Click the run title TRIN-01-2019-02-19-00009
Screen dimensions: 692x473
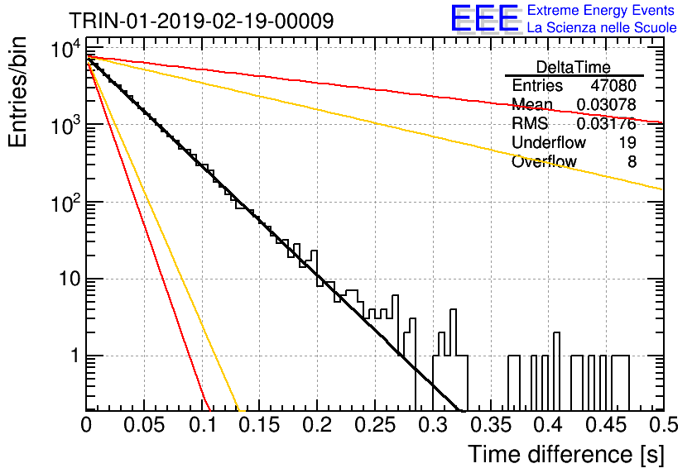coord(201,21)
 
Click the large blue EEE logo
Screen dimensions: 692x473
coord(485,18)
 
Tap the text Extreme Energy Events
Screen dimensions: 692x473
coord(601,10)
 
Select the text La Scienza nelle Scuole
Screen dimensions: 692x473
coord(602,28)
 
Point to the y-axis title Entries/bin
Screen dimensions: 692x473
coord(18,93)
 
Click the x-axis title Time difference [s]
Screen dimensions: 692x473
coord(566,455)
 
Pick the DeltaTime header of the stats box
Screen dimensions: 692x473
coord(574,67)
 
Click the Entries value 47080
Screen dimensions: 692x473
coord(613,85)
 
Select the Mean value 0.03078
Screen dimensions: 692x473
coord(607,104)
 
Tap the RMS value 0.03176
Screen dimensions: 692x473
coord(607,123)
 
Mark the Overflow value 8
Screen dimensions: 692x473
coord(632,162)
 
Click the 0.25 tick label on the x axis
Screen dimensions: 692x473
coord(375,426)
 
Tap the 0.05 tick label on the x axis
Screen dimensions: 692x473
coord(144,426)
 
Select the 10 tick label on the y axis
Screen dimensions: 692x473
coord(70,279)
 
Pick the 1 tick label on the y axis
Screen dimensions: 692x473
coord(75,356)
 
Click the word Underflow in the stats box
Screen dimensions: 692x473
coord(549,142)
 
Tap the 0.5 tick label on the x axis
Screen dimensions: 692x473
coord(664,426)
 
